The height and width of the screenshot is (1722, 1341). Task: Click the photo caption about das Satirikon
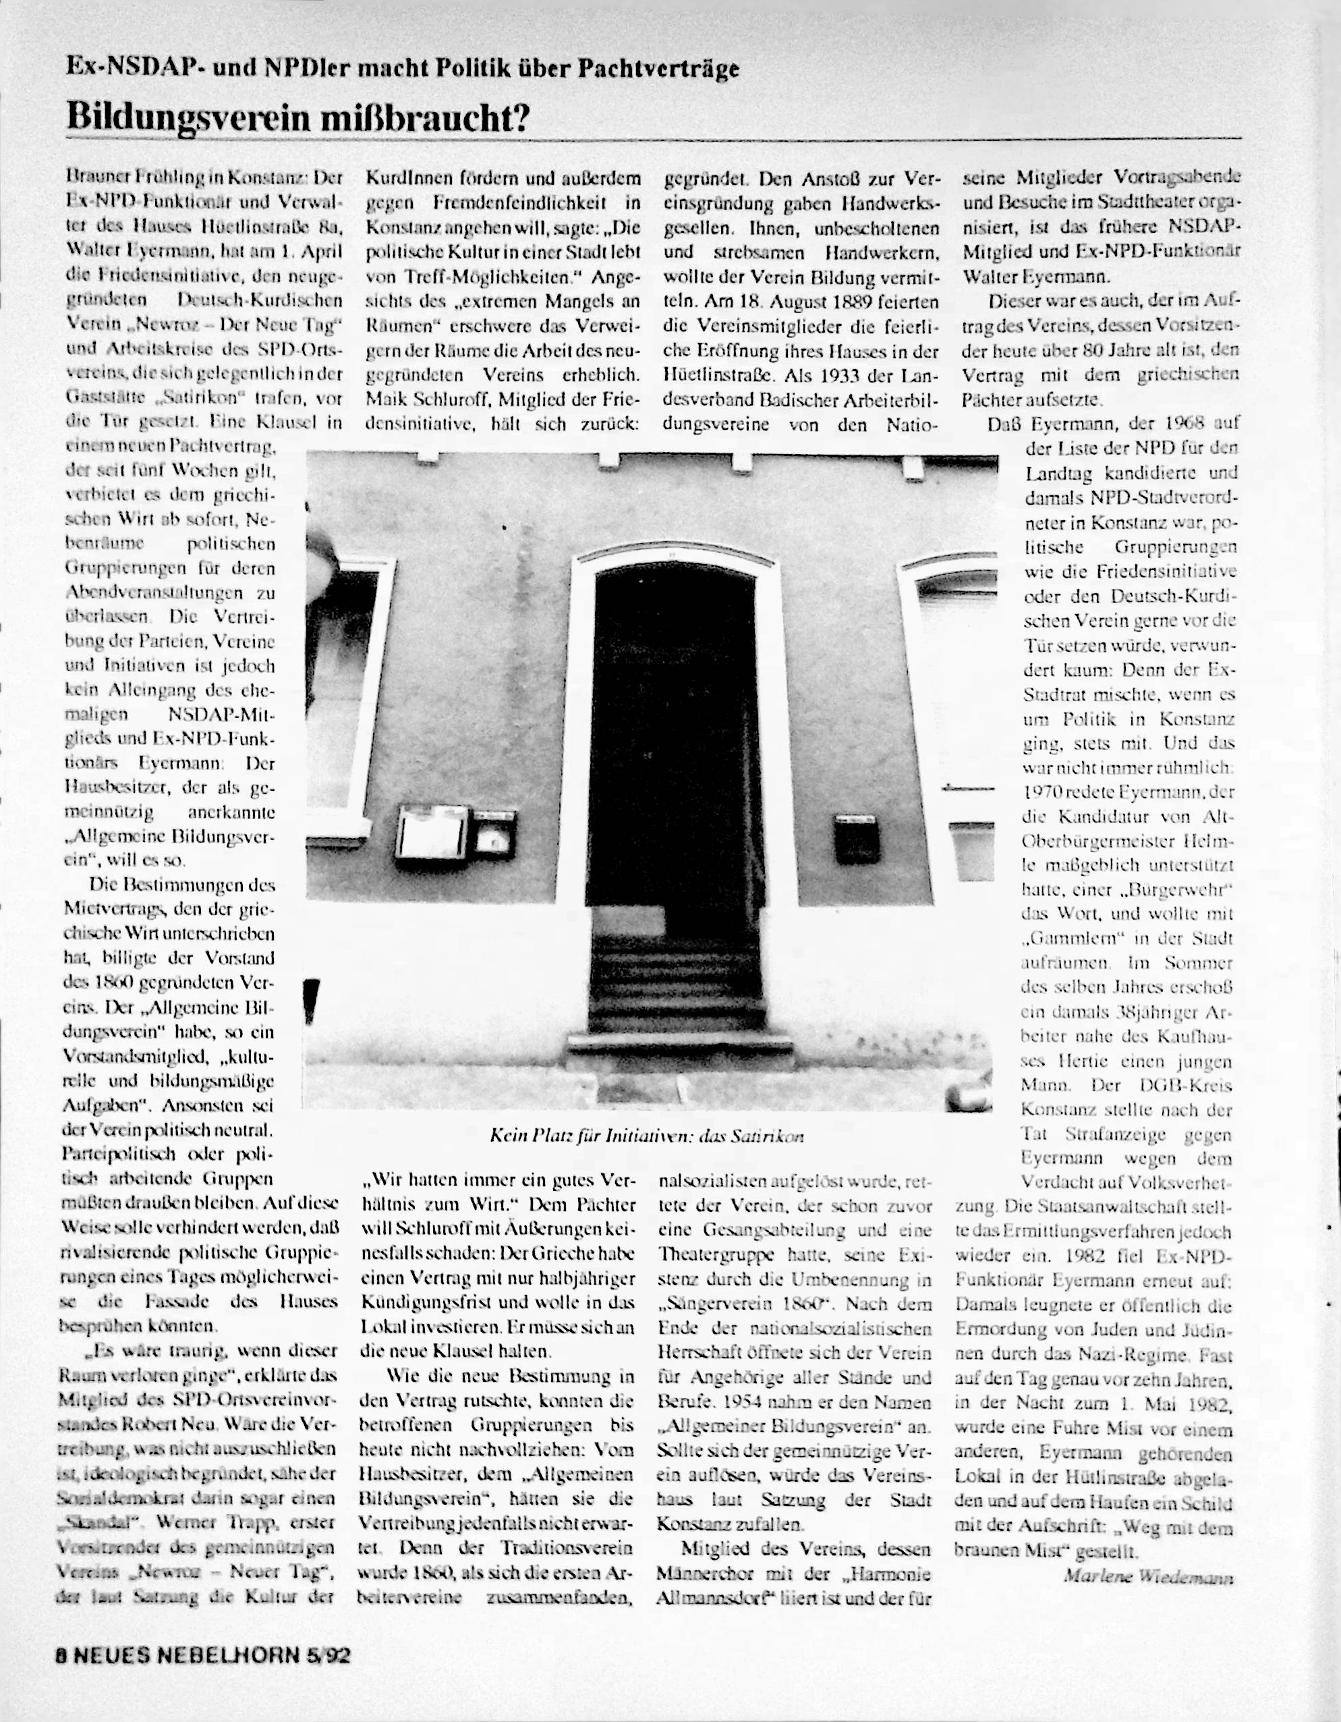[x=646, y=1136]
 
